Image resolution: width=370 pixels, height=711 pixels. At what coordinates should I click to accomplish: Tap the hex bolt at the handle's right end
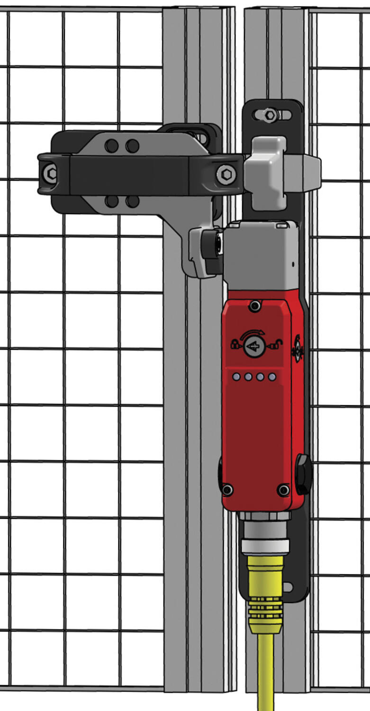(226, 174)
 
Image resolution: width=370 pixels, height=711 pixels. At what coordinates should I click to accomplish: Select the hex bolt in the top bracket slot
(270, 115)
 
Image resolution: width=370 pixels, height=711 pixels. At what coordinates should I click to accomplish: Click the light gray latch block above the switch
(268, 173)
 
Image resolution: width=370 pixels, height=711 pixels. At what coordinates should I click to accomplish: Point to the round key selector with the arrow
(254, 346)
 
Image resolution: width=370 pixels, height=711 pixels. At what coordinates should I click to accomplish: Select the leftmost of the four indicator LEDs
(236, 377)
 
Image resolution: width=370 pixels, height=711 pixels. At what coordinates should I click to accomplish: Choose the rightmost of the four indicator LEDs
(272, 377)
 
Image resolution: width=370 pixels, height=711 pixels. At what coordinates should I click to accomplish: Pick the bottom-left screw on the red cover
(227, 489)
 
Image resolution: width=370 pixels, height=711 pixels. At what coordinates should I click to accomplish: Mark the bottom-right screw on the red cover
(283, 490)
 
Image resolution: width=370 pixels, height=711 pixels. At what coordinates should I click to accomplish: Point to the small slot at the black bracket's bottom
(285, 587)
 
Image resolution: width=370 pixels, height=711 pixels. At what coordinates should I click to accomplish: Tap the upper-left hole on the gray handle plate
(111, 146)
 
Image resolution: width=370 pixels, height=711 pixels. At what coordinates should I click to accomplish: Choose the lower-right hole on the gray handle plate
(133, 201)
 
